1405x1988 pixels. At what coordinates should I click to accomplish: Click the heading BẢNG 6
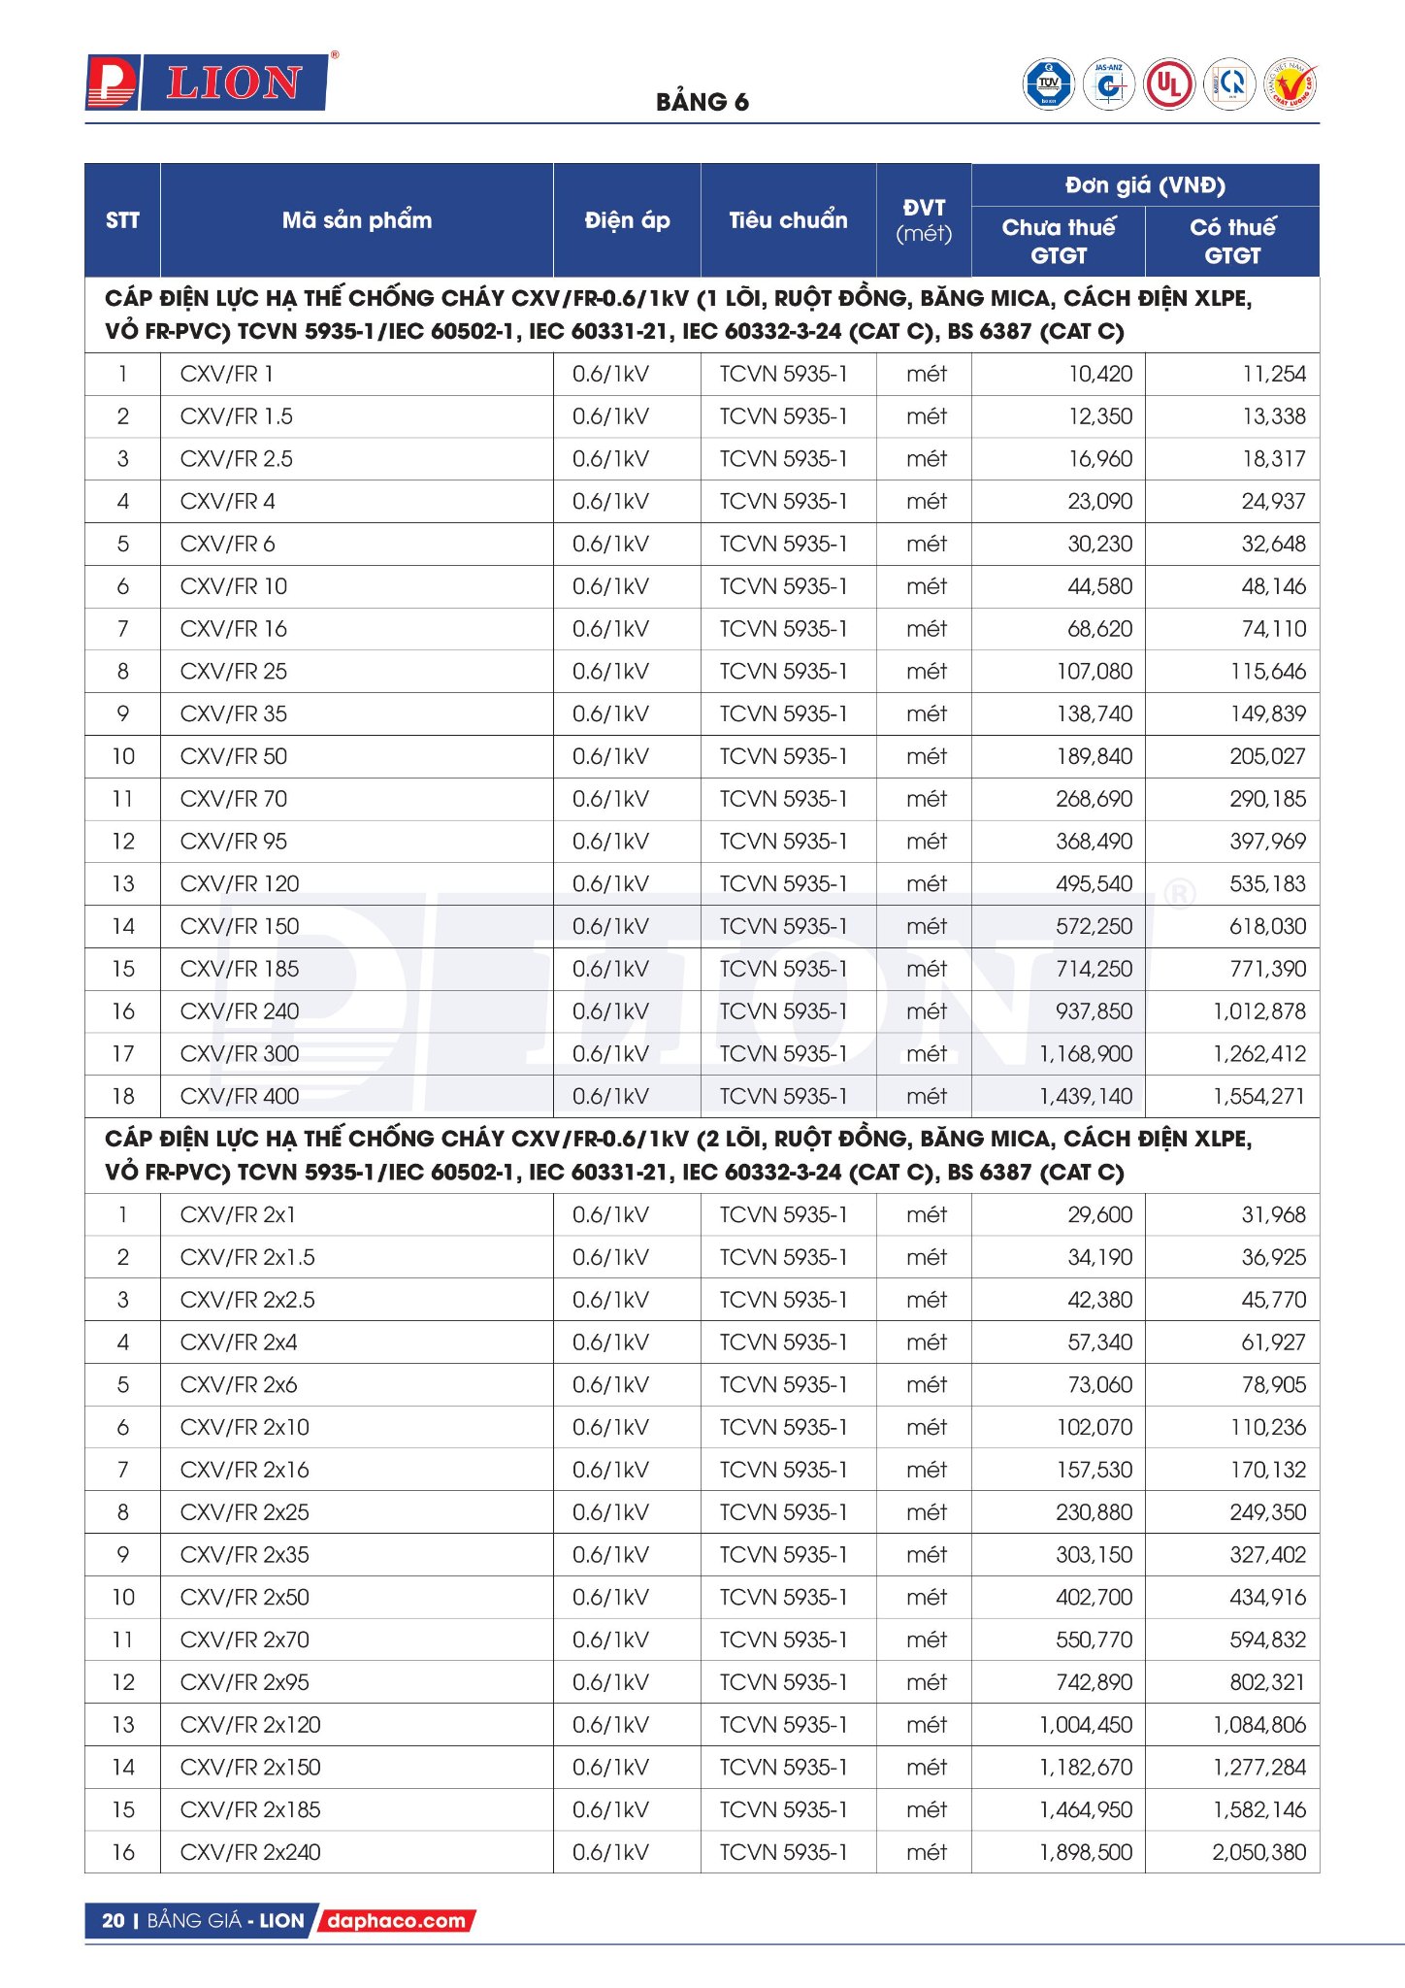click(x=702, y=102)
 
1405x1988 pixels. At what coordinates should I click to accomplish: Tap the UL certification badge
click(x=1169, y=84)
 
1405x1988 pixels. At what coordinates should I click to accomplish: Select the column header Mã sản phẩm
click(x=356, y=220)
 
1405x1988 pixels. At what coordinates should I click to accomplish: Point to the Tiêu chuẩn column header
click(x=788, y=220)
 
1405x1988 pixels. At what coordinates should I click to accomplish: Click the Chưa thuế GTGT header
click(x=1058, y=241)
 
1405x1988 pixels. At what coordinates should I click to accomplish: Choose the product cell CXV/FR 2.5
click(x=236, y=459)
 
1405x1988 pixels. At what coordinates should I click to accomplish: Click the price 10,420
click(x=1099, y=374)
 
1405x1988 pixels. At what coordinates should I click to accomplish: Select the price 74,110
click(x=1273, y=629)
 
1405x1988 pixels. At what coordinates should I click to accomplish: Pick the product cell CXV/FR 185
click(x=240, y=969)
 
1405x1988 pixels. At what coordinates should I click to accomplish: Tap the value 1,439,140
click(x=1085, y=1096)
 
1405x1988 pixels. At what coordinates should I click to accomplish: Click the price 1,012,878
click(x=1258, y=1011)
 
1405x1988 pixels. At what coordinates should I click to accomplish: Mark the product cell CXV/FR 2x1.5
click(x=247, y=1257)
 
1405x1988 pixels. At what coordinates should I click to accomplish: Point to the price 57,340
click(x=1099, y=1342)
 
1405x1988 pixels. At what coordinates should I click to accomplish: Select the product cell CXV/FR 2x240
click(x=250, y=1852)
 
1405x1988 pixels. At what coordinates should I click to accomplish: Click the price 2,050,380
click(x=1258, y=1852)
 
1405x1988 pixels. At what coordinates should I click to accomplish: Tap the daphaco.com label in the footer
click(x=396, y=1920)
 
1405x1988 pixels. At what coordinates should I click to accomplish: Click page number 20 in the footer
click(x=113, y=1920)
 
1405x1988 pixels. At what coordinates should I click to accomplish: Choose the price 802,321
click(x=1267, y=1682)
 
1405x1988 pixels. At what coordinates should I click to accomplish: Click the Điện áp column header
click(x=627, y=220)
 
